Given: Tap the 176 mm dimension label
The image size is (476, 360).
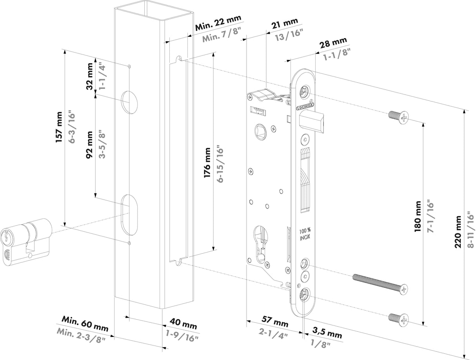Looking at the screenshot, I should pyautogui.click(x=207, y=162).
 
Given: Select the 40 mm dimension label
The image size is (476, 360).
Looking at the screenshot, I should pyautogui.click(x=183, y=325).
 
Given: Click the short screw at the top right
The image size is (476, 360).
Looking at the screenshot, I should pyautogui.click(x=398, y=116).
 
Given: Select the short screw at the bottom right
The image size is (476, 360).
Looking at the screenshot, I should pyautogui.click(x=398, y=319).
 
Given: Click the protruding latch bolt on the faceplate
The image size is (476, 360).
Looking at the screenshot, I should pyautogui.click(x=312, y=121).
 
